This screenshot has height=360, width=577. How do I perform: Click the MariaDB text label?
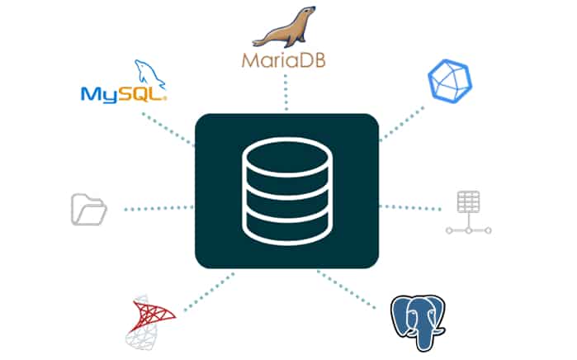(286, 61)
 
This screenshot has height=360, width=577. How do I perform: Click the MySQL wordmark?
(123, 92)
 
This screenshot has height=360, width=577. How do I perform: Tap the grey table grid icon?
(468, 203)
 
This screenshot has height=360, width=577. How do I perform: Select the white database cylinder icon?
(286, 192)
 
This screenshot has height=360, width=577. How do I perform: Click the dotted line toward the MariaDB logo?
(286, 92)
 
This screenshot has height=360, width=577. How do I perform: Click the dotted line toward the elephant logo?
(355, 286)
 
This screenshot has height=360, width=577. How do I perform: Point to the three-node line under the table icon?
(468, 231)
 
